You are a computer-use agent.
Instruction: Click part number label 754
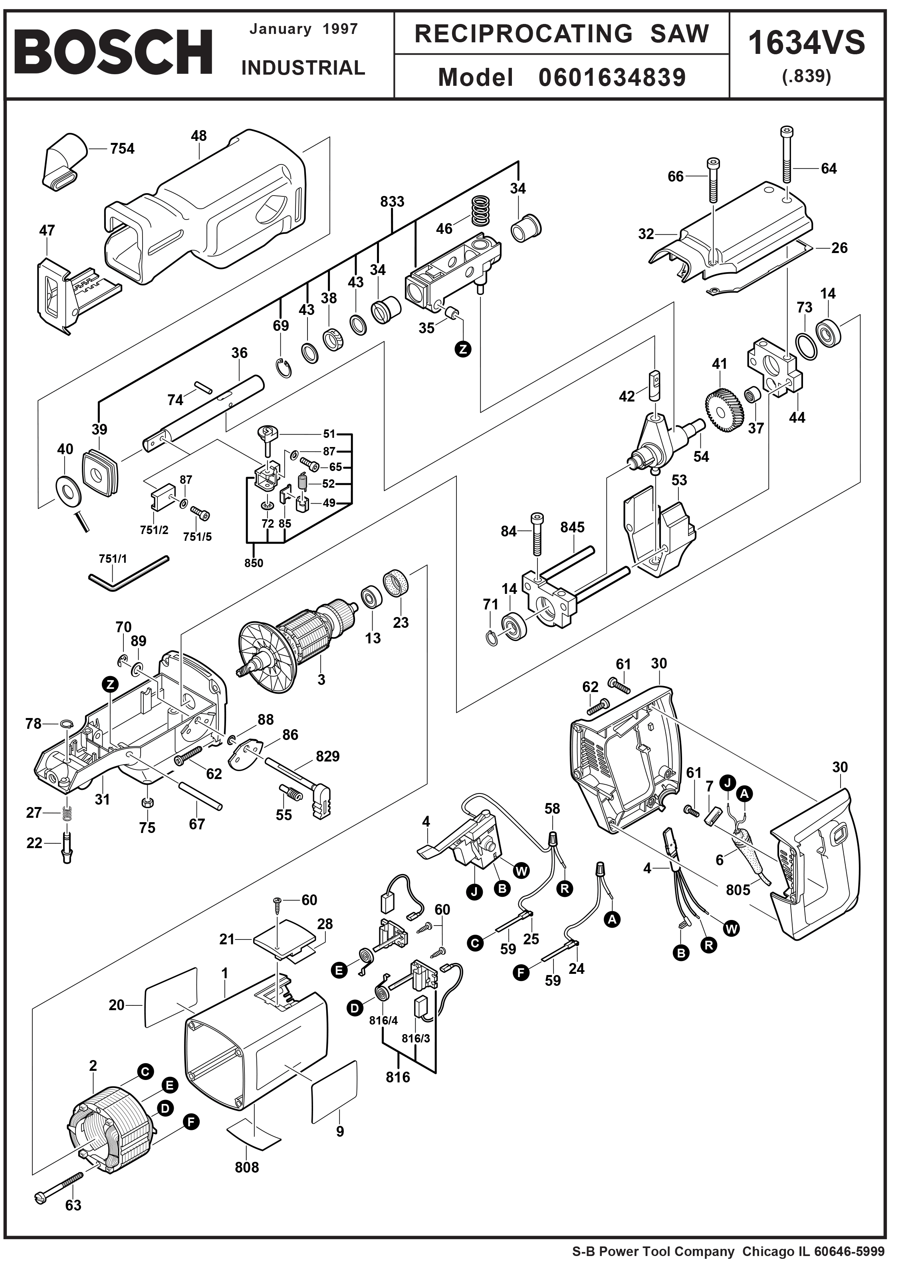click(x=122, y=149)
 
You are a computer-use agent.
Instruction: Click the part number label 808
click(x=247, y=1167)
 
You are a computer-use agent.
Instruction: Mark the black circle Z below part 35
click(x=463, y=349)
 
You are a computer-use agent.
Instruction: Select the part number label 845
click(x=572, y=527)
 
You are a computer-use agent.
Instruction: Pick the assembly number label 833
click(x=392, y=201)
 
